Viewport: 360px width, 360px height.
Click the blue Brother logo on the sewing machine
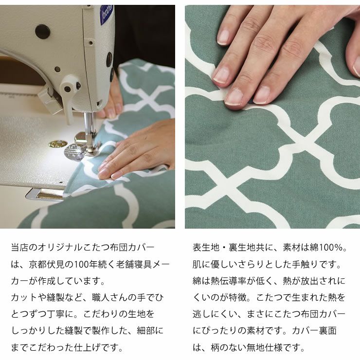107,15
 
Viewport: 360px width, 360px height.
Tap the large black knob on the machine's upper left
42,32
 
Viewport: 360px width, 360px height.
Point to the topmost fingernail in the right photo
223,37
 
